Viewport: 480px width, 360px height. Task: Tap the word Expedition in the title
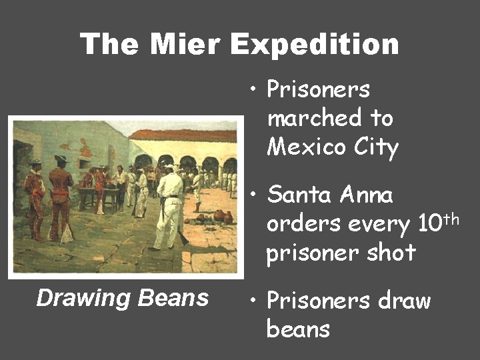pyautogui.click(x=315, y=45)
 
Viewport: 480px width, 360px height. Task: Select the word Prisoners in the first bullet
pyautogui.click(x=318, y=89)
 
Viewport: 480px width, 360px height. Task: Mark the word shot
pyautogui.click(x=391, y=253)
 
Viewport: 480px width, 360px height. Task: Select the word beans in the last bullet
pyautogui.click(x=298, y=329)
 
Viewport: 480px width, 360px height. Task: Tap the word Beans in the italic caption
pyautogui.click(x=173, y=298)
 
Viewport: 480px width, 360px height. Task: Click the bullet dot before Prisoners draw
pyautogui.click(x=253, y=301)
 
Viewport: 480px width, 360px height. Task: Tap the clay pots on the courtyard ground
pyautogui.click(x=217, y=217)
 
